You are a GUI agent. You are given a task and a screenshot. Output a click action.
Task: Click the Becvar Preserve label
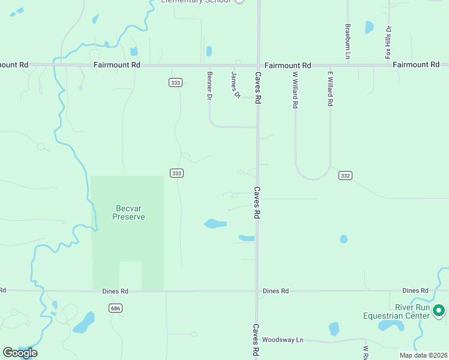click(x=128, y=212)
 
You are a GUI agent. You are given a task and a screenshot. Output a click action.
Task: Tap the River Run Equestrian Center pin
click(x=439, y=310)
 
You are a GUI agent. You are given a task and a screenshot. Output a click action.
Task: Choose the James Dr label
click(x=236, y=84)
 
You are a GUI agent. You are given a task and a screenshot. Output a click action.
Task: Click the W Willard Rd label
click(x=295, y=89)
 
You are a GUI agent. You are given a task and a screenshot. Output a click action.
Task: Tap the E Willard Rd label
click(x=330, y=88)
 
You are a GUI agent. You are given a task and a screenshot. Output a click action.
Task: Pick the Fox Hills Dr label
click(x=388, y=42)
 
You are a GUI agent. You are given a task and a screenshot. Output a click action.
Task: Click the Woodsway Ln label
click(x=283, y=340)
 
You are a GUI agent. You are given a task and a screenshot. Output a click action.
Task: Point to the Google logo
click(x=20, y=353)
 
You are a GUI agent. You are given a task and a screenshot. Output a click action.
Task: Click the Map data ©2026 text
click(x=423, y=355)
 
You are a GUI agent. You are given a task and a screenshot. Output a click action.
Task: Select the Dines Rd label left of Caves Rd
click(x=115, y=291)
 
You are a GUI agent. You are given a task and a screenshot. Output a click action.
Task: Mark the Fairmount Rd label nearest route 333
click(x=116, y=64)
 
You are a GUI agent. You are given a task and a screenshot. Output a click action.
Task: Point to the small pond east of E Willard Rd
click(x=343, y=239)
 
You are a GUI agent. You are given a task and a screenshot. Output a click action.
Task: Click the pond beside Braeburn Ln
click(x=369, y=27)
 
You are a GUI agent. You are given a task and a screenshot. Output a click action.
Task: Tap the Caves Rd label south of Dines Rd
click(x=256, y=338)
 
